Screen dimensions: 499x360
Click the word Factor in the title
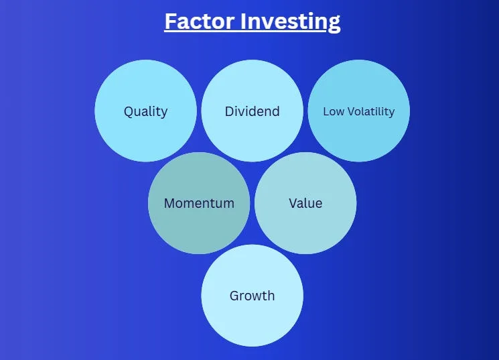pyautogui.click(x=200, y=21)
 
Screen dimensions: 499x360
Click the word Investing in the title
pyautogui.click(x=290, y=22)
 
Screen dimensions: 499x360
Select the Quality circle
pyautogui.click(x=146, y=111)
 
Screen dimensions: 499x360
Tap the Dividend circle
pyautogui.click(x=253, y=111)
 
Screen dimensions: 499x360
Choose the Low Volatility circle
pyautogui.click(x=359, y=111)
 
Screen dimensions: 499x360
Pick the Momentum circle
pyautogui.click(x=199, y=203)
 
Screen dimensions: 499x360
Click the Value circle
pyautogui.click(x=305, y=203)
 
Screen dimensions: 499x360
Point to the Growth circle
pyautogui.click(x=253, y=296)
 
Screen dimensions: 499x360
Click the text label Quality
pyautogui.click(x=146, y=112)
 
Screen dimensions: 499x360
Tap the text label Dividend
pyautogui.click(x=253, y=111)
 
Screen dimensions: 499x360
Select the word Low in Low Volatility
pyautogui.click(x=334, y=111)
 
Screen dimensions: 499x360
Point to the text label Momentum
pyautogui.click(x=199, y=203)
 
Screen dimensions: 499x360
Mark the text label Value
pyautogui.click(x=305, y=203)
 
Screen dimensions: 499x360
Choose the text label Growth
pyautogui.click(x=253, y=296)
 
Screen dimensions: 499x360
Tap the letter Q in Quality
pyautogui.click(x=129, y=112)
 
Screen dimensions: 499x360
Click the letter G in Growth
pyautogui.click(x=235, y=296)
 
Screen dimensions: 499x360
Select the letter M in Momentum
pyautogui.click(x=170, y=203)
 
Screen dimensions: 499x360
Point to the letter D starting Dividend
pyautogui.click(x=230, y=111)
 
